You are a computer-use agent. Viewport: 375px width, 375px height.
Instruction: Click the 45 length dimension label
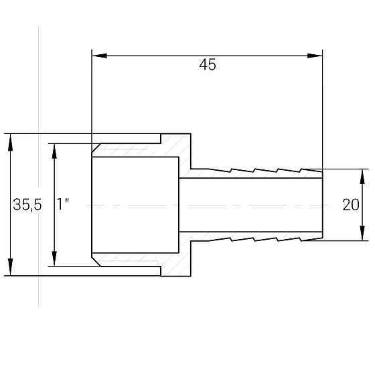[x=208, y=64]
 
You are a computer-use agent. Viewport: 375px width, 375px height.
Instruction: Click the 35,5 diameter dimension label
[x=27, y=205]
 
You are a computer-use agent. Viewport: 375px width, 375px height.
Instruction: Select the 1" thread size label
[x=63, y=204]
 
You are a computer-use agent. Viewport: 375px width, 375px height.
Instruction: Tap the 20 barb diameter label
[x=351, y=205]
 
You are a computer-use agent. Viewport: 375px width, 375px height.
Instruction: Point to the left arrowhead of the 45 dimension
[x=99, y=56]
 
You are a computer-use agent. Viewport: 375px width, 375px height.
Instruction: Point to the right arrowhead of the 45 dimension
[x=315, y=56]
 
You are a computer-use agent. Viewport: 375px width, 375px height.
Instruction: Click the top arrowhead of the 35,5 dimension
[x=10, y=142]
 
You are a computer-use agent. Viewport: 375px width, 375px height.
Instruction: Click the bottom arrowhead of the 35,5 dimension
[x=10, y=267]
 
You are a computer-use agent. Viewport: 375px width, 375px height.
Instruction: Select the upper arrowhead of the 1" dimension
[x=54, y=151]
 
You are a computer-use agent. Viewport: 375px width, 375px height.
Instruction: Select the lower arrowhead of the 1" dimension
[x=54, y=258]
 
